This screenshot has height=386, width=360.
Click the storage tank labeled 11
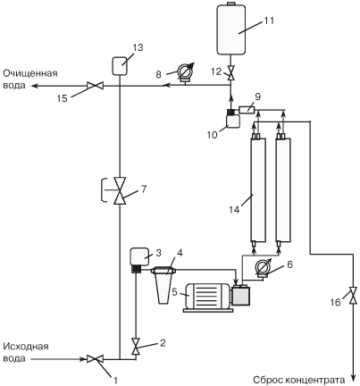click(231, 29)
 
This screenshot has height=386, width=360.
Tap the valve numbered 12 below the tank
click(230, 73)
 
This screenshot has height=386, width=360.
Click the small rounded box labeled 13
click(120, 66)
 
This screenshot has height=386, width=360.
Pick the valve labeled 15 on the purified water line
click(95, 86)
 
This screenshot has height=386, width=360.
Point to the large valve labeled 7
click(120, 190)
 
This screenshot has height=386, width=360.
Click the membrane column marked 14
click(257, 190)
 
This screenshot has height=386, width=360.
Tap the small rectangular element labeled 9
click(247, 110)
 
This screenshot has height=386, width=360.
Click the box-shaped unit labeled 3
click(139, 256)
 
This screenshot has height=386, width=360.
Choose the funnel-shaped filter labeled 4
click(163, 285)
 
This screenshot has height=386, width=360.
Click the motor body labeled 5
click(206, 296)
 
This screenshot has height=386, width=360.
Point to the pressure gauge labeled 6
click(264, 267)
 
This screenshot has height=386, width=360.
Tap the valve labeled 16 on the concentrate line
click(354, 295)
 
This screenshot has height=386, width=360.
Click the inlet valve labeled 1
click(95, 359)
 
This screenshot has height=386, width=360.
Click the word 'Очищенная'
click(30, 73)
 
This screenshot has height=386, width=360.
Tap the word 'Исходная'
click(26, 347)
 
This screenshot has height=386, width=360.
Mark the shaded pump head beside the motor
click(241, 295)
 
